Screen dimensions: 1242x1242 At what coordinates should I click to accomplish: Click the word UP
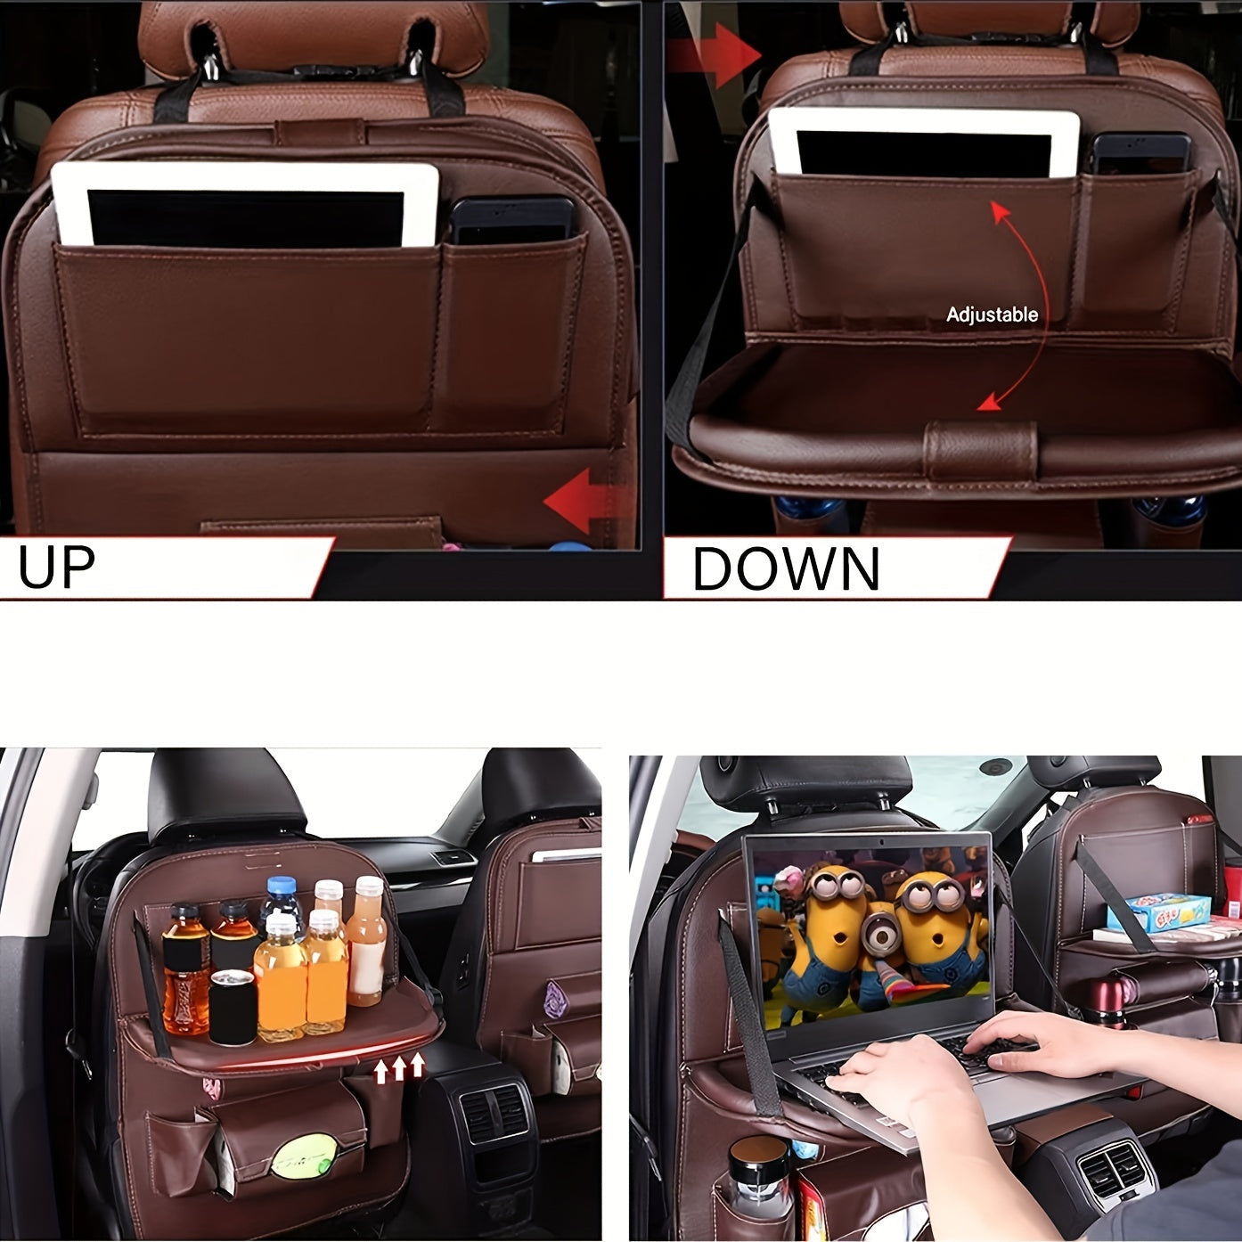[56, 567]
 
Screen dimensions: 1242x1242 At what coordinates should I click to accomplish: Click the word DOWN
[786, 568]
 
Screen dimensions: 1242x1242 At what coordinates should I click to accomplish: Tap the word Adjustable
[992, 315]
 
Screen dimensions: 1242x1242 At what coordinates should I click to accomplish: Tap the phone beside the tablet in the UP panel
[510, 221]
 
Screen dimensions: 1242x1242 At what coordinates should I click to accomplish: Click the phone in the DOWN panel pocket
[1140, 154]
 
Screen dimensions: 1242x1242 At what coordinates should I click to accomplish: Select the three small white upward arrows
[399, 1066]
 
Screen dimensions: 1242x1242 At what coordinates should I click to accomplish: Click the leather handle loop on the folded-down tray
[980, 450]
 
